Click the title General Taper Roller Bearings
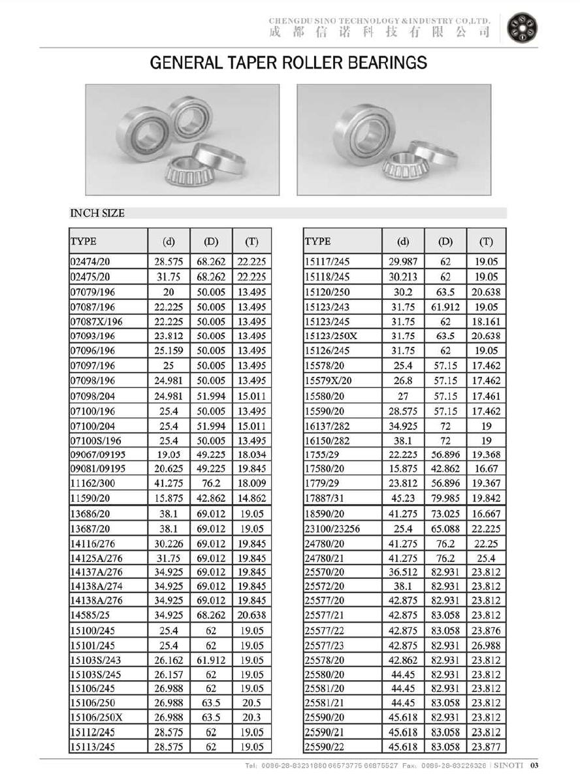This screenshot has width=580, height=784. tap(289, 63)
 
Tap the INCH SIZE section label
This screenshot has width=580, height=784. tap(97, 213)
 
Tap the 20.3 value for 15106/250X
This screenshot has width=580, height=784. tap(251, 717)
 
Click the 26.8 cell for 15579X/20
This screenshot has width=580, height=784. tap(403, 381)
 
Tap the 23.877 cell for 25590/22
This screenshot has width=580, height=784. tap(486, 747)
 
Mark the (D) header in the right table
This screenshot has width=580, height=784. tap(445, 242)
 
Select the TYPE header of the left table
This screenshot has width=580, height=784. tap(84, 242)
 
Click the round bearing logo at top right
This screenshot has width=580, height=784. tap(524, 27)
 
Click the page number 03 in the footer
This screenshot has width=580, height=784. tap(533, 766)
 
